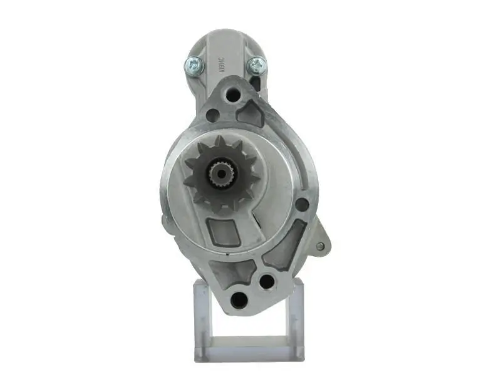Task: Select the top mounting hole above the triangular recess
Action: [x=234, y=96]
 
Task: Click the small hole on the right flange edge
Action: [x=301, y=204]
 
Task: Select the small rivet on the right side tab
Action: [x=321, y=246]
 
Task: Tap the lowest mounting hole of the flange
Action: [x=239, y=299]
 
